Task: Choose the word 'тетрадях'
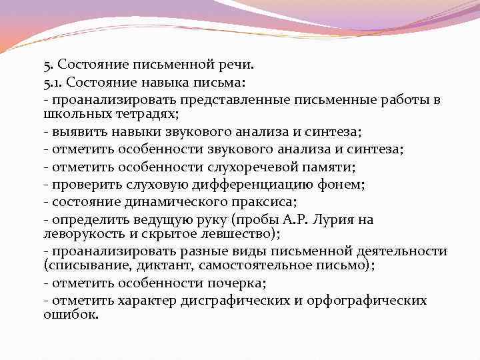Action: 148,113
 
